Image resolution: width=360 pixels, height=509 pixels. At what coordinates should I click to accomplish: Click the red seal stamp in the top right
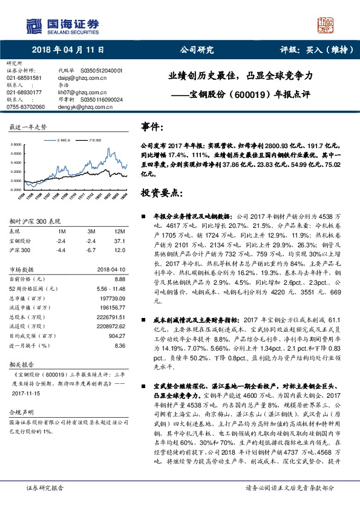pos(325,25)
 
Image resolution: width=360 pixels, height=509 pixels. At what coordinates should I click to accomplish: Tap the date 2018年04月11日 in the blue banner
pos(68,50)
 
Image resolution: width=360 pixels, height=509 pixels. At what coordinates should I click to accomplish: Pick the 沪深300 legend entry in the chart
pos(94,138)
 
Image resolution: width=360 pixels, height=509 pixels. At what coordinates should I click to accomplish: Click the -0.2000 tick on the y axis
pos(18,188)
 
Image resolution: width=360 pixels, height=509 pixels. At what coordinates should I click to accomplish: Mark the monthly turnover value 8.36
pos(119,346)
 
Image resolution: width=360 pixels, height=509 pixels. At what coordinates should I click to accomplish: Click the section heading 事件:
pos(152,127)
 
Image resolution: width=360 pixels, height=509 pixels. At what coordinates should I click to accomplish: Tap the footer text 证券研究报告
pos(45,487)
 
